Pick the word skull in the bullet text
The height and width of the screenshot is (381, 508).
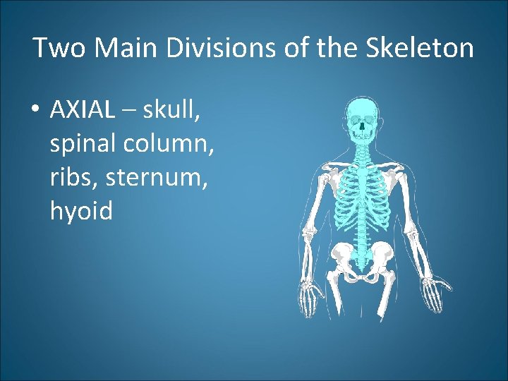click(172, 109)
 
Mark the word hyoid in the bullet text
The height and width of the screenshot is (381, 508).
click(81, 210)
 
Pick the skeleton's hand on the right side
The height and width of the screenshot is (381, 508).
click(431, 289)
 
